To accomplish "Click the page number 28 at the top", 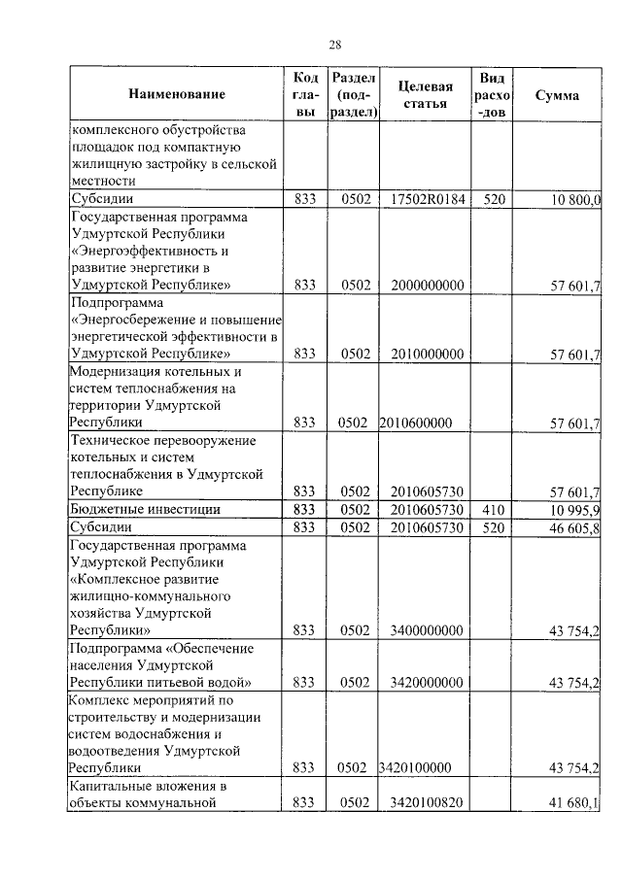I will coord(334,45).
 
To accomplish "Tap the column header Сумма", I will coord(557,95).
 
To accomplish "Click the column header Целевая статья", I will coord(423,95).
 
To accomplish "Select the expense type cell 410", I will coord(493,509).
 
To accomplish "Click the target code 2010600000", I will coord(416,423).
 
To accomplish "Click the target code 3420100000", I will coord(416,768).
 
